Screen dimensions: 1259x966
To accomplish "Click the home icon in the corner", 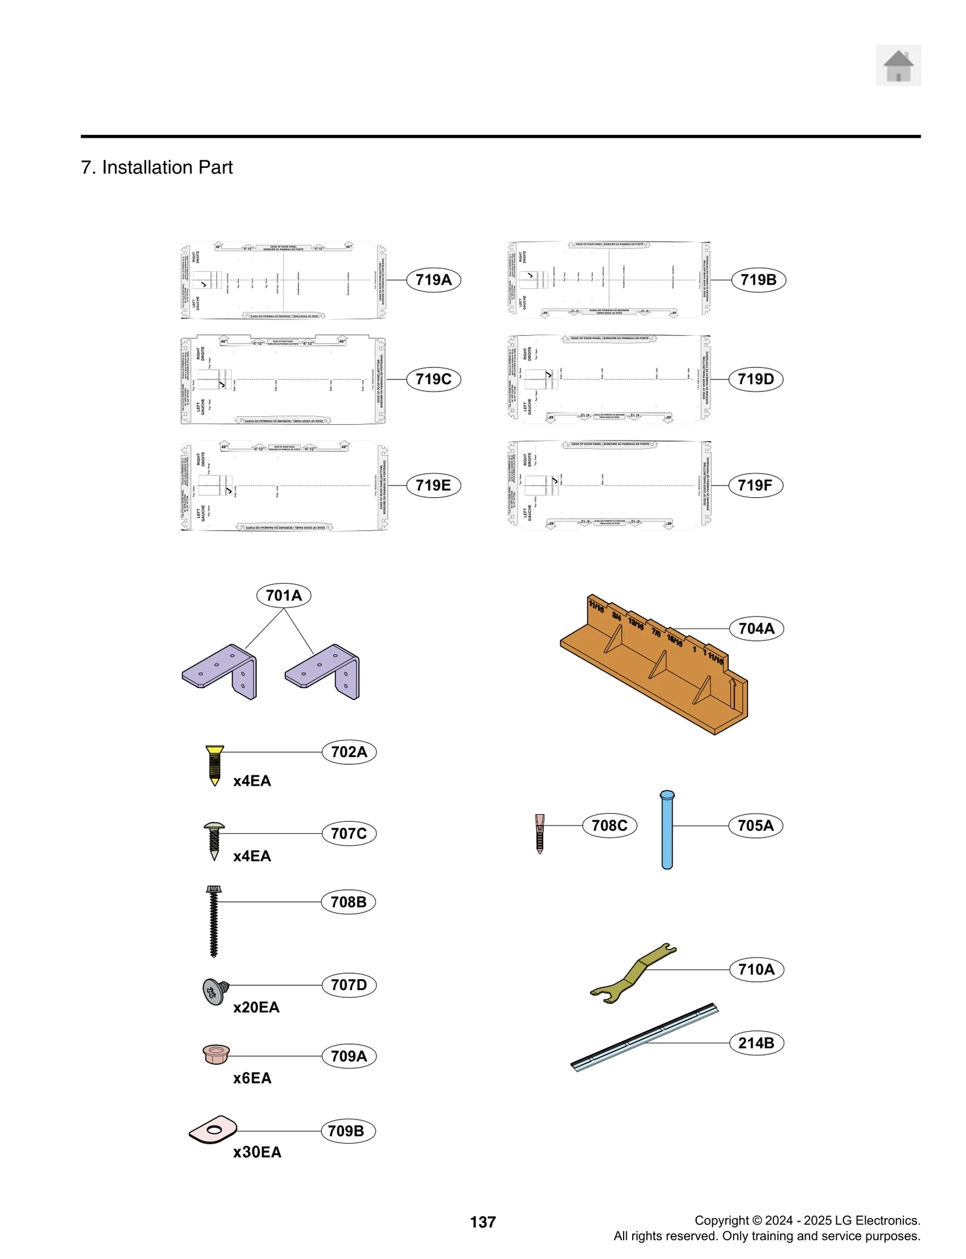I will [898, 65].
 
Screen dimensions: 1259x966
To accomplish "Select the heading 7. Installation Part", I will [156, 167].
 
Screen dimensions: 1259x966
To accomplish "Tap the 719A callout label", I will [433, 280].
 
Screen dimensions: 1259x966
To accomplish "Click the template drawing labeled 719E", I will [284, 486].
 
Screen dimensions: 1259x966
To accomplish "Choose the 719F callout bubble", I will [755, 485].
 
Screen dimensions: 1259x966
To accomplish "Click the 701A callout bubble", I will [283, 595].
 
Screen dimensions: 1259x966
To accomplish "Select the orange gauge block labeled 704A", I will [655, 665].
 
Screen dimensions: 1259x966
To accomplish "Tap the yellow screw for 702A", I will [214, 764].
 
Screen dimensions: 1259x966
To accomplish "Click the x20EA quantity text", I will [256, 1007].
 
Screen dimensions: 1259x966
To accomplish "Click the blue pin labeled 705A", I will [667, 829].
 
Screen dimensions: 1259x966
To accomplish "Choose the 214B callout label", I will [756, 1043].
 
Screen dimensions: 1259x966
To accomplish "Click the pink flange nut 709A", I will [216, 1054].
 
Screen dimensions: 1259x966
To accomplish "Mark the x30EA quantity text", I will [257, 1152].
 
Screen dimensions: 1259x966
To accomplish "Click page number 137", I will [482, 1222].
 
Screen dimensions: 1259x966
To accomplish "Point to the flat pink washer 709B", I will [213, 1129].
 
